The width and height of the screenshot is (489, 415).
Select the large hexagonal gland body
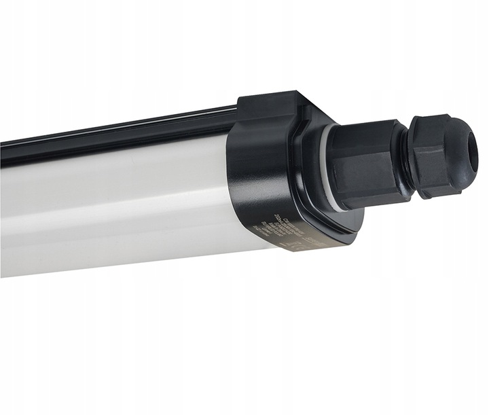[370, 163]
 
